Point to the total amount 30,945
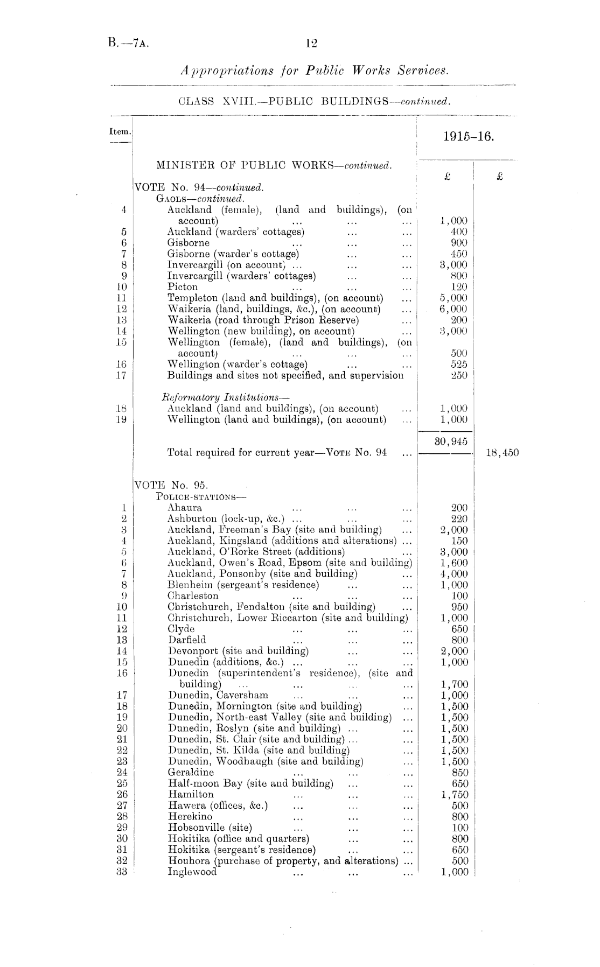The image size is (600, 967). click(x=451, y=442)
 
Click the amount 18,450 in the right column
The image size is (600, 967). click(x=502, y=453)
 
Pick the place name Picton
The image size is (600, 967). click(x=183, y=287)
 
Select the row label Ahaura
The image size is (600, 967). click(x=185, y=507)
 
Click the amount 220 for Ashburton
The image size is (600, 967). click(x=459, y=518)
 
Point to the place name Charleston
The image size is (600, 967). click(x=193, y=595)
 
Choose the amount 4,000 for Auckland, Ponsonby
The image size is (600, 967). click(x=454, y=574)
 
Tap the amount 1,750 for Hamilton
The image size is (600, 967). click(x=454, y=795)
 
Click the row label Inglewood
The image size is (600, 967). click(x=192, y=872)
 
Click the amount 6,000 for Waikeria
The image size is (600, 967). click(x=454, y=309)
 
